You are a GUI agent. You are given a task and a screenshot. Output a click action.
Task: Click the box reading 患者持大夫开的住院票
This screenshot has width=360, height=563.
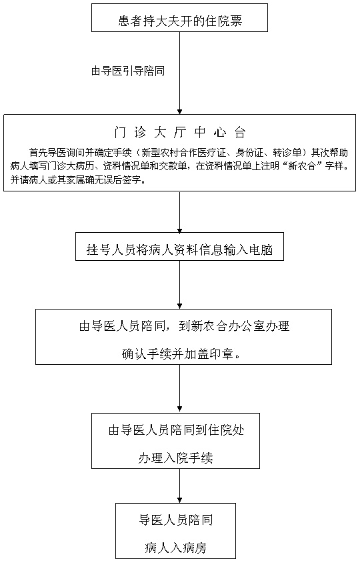point(179,17)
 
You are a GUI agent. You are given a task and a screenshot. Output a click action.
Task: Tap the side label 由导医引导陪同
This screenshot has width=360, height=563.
point(128,71)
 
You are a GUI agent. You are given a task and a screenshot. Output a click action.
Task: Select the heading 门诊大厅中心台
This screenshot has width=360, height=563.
point(179,133)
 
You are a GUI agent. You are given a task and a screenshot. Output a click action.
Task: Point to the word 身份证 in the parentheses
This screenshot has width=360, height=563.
point(249,153)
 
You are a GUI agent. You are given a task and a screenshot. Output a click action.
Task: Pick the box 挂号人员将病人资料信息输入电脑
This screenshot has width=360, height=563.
point(179,246)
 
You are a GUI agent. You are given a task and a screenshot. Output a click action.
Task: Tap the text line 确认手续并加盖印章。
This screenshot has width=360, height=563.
point(181,354)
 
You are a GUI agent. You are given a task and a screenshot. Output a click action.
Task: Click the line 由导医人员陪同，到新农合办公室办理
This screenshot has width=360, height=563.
point(184,326)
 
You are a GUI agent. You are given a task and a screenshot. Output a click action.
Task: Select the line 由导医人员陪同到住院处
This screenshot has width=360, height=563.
point(176,430)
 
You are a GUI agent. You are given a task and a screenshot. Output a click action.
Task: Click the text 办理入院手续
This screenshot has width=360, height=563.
point(175,458)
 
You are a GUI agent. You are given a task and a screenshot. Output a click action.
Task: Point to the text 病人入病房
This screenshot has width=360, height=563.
point(175,548)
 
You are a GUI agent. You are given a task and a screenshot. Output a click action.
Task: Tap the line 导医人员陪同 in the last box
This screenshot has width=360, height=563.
point(175,520)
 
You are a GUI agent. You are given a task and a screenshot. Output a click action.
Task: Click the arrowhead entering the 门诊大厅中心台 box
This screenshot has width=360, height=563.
point(180,111)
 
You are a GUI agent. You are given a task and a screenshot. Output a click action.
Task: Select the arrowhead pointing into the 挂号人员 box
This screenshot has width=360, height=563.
point(180,229)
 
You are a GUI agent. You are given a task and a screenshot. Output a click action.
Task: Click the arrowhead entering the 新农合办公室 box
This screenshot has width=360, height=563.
point(180,306)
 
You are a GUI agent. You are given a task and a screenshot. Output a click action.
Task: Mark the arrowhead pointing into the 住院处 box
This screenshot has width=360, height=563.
point(180,410)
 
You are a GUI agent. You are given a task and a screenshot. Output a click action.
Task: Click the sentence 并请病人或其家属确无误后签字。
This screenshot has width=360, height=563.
point(77,180)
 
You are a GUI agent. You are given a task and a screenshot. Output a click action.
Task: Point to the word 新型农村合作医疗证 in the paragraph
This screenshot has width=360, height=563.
point(184,153)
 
